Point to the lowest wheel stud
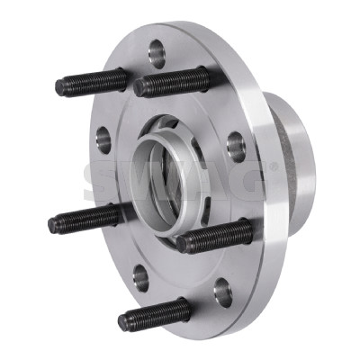(153, 315)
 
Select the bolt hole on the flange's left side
(103, 139)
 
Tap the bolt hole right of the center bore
(237, 146)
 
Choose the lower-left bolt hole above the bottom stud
(141, 275)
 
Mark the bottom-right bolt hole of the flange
(222, 292)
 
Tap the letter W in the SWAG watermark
(144, 181)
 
